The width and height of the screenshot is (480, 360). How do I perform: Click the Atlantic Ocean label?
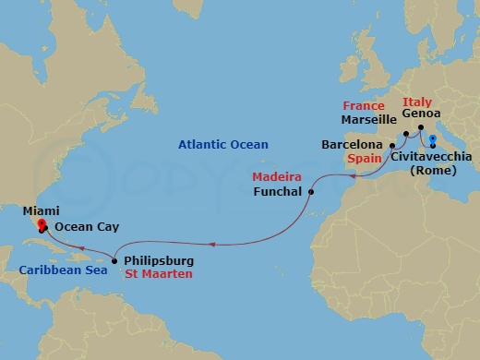(x=224, y=144)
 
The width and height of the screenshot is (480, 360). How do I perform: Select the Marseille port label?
(x=368, y=120)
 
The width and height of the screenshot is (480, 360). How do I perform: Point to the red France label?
(x=363, y=105)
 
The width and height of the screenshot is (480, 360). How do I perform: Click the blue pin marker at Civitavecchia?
(x=433, y=140)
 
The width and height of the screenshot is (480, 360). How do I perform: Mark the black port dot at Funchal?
(x=311, y=193)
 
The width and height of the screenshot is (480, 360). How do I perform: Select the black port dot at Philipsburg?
(x=114, y=260)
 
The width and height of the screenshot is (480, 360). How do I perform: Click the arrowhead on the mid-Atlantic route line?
(x=211, y=245)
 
